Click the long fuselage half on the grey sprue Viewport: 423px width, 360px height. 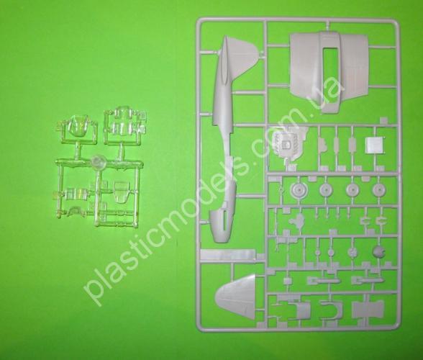[x=223, y=135]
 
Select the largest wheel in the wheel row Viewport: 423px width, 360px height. [x=299, y=190]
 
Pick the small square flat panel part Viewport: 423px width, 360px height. [x=374, y=146]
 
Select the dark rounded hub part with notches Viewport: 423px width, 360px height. [x=378, y=252]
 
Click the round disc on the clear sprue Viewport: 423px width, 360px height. [x=99, y=162]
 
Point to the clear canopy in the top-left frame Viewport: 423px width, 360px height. [x=78, y=125]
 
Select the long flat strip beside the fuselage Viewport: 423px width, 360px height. [x=228, y=254]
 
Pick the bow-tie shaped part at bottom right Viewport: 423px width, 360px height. [x=368, y=308]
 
